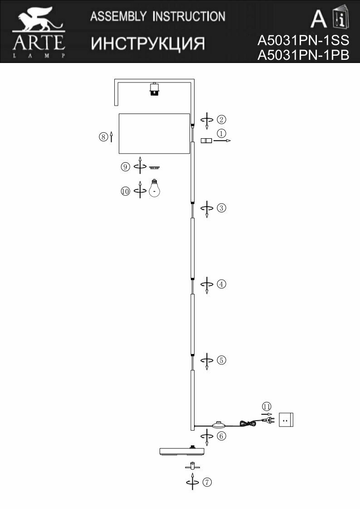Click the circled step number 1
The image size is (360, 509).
point(221,134)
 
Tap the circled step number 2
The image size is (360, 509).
point(221,120)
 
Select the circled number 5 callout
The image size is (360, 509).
point(221,360)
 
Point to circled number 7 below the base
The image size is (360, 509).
point(206,482)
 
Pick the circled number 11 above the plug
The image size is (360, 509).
point(266,406)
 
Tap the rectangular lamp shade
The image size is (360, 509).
point(154,133)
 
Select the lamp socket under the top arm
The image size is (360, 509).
point(155,89)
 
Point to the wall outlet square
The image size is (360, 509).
point(286,420)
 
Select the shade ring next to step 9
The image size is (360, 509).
point(155,168)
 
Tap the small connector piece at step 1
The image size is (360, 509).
point(206,141)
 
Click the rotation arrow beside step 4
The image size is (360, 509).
point(207,285)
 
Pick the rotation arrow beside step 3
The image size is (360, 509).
point(207,208)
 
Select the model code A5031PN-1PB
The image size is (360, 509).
point(303,55)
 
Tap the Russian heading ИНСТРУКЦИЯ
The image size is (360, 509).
point(148,44)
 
